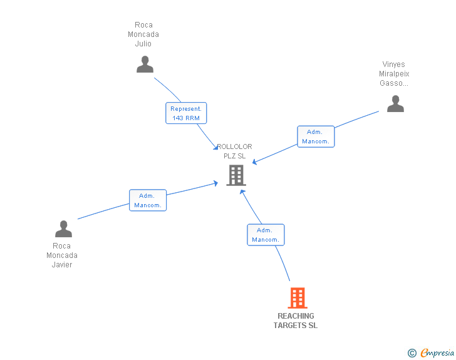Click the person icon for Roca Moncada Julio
click(145, 64)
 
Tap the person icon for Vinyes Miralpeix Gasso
click(395, 103)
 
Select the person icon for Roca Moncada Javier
click(63, 229)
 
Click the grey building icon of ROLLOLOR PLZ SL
click(236, 175)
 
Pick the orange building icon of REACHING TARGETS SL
click(298, 298)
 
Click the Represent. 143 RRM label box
click(186, 113)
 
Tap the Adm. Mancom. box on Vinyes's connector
click(316, 136)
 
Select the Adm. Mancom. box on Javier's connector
click(148, 200)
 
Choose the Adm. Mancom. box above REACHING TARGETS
click(266, 235)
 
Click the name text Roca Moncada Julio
click(143, 34)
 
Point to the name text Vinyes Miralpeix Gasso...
click(394, 73)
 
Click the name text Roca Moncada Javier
click(62, 255)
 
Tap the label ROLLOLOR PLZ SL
click(235, 151)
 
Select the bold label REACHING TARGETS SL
click(296, 321)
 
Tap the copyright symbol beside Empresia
click(412, 353)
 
